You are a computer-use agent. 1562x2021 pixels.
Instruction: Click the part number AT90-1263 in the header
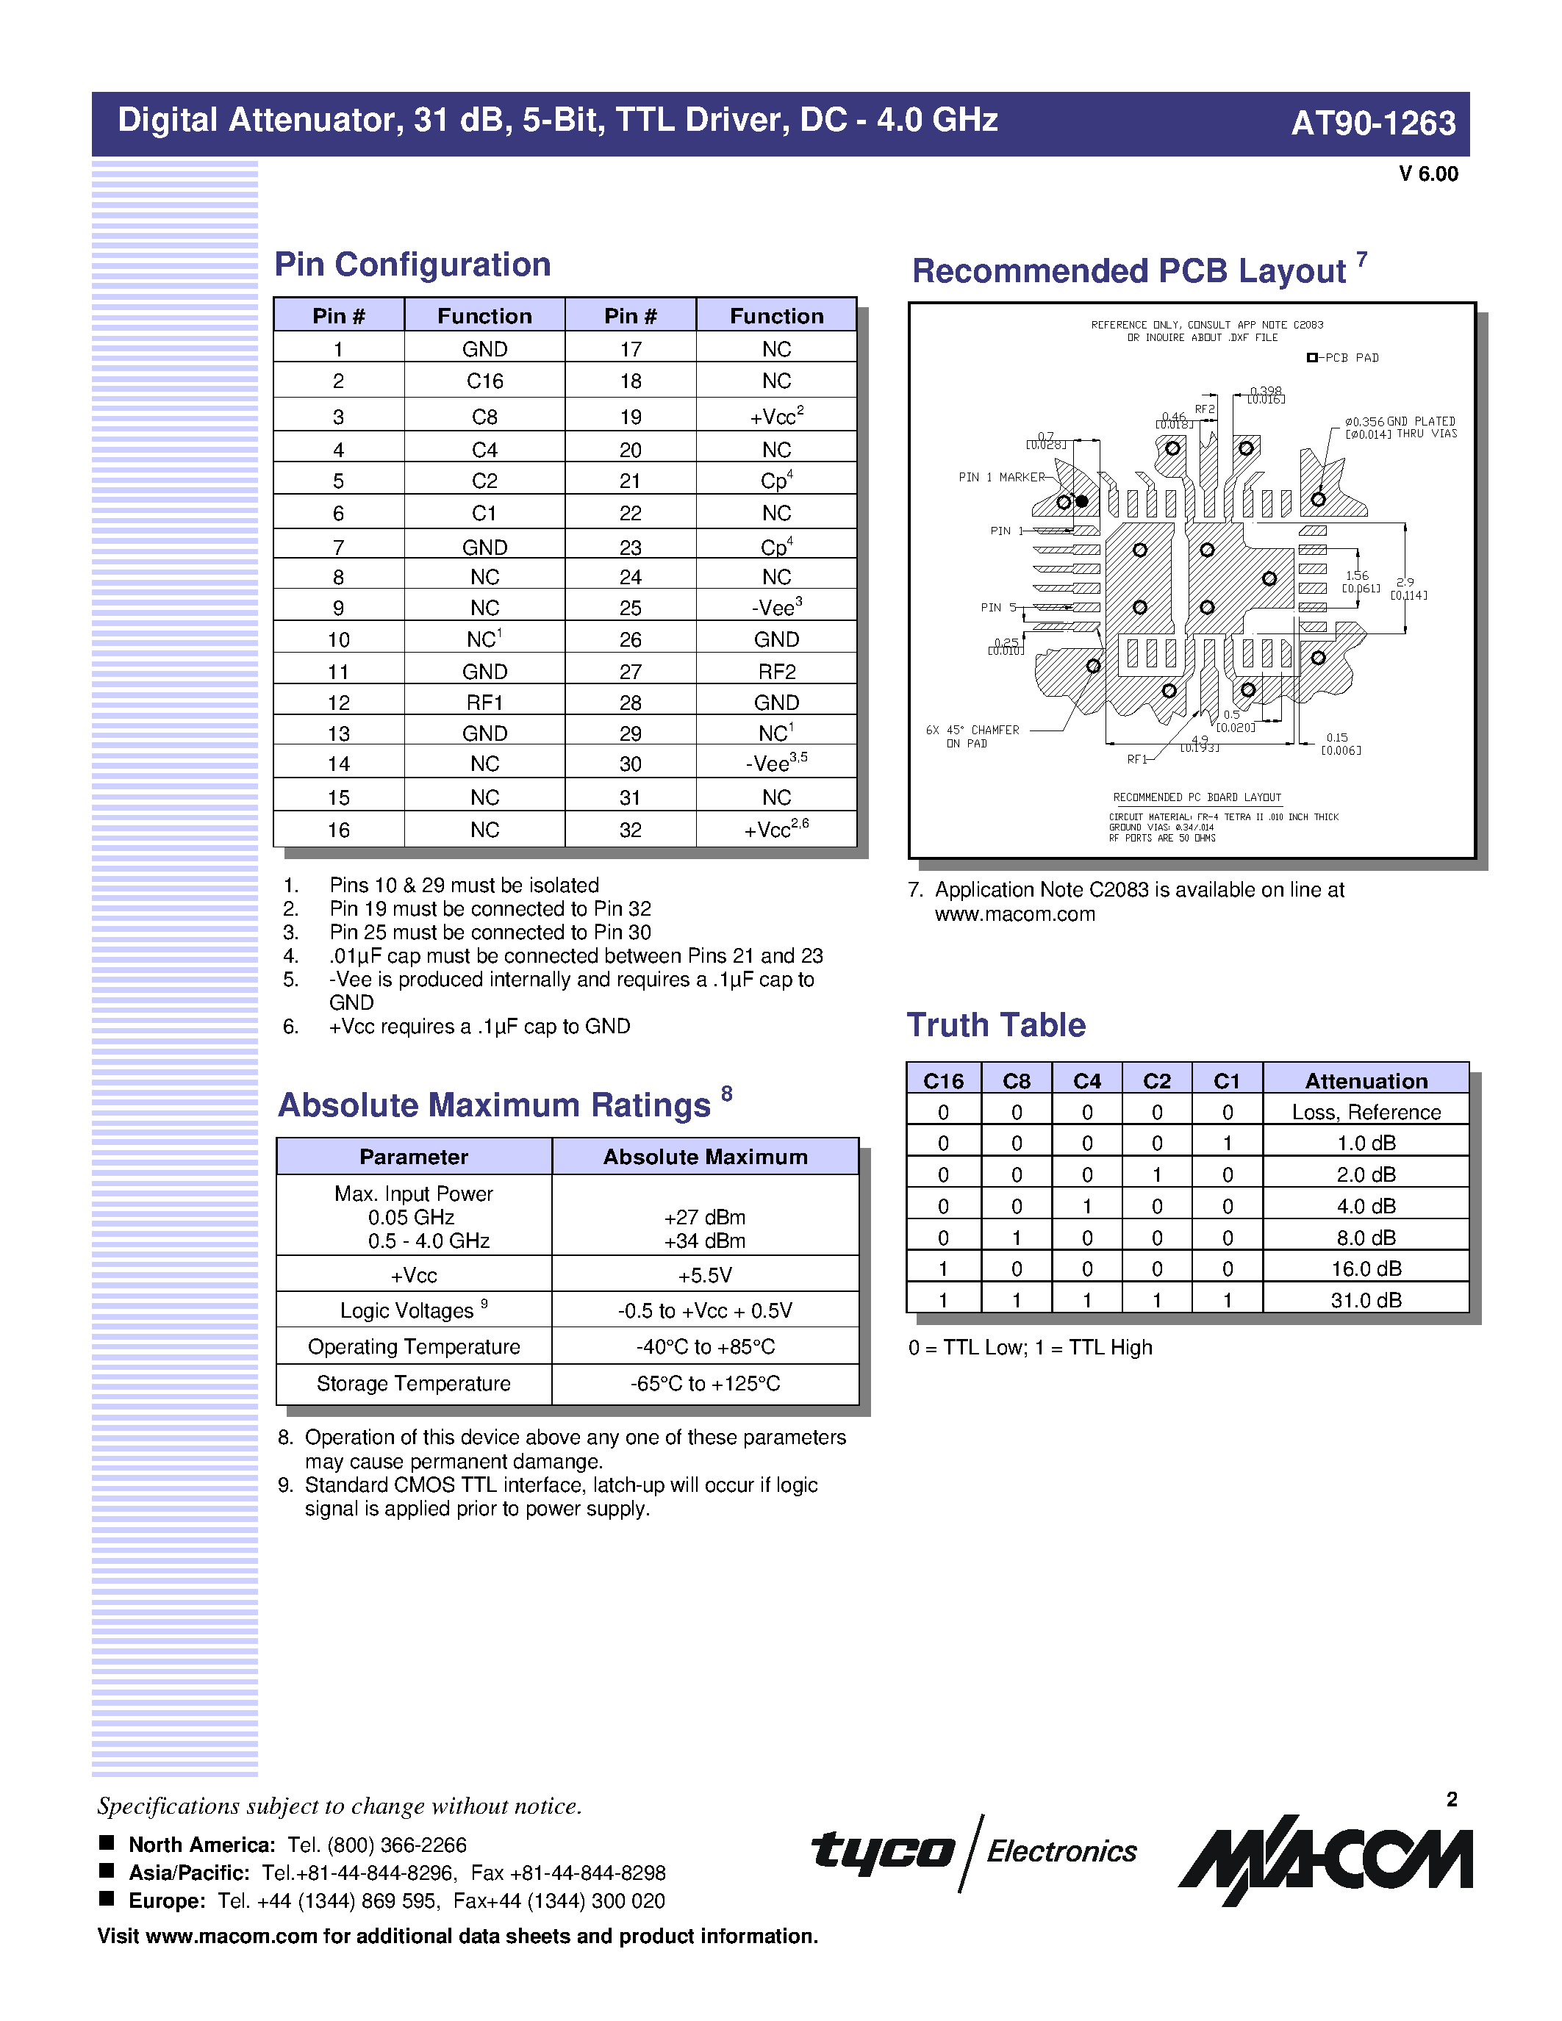click(1372, 123)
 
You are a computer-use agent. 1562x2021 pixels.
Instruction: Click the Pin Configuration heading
click(412, 265)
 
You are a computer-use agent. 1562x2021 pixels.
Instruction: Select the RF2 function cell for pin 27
click(776, 672)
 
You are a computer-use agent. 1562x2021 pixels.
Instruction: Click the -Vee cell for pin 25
click(775, 608)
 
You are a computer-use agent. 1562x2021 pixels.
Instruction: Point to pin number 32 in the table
click(630, 830)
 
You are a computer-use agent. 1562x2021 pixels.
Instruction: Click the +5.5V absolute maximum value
click(705, 1275)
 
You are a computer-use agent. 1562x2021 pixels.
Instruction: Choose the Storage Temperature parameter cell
click(414, 1383)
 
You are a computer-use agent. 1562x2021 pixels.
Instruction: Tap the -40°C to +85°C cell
click(705, 1346)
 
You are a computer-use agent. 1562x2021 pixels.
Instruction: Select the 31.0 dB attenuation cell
click(1366, 1300)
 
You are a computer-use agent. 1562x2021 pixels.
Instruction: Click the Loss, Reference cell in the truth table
click(1366, 1113)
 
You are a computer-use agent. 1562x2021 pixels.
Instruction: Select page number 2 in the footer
click(1452, 1799)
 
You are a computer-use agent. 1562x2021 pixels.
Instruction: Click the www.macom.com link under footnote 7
click(1015, 914)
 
